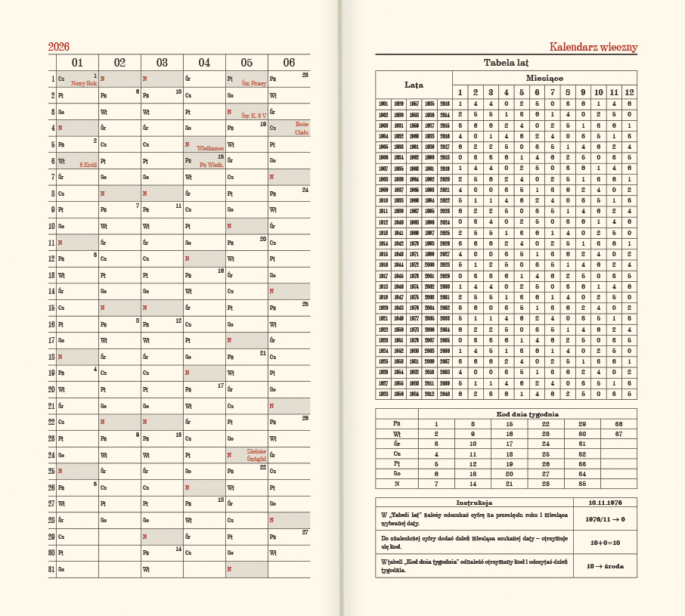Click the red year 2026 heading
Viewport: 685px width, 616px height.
[x=59, y=47]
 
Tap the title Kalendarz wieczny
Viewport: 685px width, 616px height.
[x=593, y=47]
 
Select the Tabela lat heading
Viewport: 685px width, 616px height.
[x=506, y=63]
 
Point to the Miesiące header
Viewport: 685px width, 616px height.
[x=544, y=78]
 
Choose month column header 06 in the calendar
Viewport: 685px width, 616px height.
[x=289, y=62]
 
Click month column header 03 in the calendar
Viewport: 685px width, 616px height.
[x=162, y=62]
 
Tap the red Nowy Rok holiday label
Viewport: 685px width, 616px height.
[x=84, y=83]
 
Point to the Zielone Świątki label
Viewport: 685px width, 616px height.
[x=256, y=453]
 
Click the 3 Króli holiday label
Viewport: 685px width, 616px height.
[x=88, y=163]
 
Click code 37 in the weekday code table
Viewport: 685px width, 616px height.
[x=618, y=434]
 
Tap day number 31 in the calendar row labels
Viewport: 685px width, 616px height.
[x=52, y=568]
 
